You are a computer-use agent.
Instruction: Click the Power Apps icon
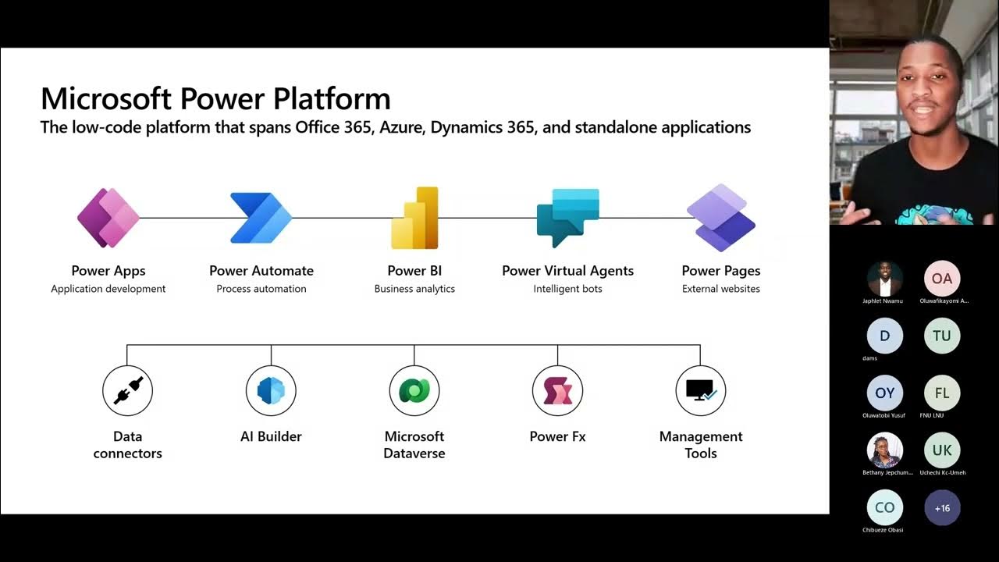[x=108, y=218]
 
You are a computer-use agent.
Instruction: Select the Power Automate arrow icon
[x=261, y=218]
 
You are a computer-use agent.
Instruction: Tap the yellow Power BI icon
[x=414, y=218]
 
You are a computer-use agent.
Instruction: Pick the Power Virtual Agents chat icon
[x=567, y=218]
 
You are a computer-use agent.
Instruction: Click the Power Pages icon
[x=721, y=218]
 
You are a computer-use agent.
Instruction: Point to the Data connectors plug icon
[x=128, y=390]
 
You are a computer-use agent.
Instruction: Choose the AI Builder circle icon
[x=271, y=390]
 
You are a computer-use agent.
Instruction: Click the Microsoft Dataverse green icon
[x=414, y=390]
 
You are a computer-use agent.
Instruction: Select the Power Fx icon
[x=557, y=390]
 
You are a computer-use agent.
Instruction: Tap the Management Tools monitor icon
[x=701, y=390]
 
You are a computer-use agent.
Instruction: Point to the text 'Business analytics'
[x=414, y=289]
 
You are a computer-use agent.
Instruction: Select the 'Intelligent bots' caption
[x=567, y=289]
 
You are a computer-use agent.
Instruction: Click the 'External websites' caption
[x=721, y=289]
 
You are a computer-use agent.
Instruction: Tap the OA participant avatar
[x=942, y=279]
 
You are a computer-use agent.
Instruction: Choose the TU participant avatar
[x=942, y=336]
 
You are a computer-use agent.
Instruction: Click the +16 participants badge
[x=942, y=508]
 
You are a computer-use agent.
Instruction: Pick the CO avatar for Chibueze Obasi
[x=885, y=508]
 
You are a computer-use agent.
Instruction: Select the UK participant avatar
[x=942, y=450]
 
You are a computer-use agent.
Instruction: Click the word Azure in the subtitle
[x=400, y=127]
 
